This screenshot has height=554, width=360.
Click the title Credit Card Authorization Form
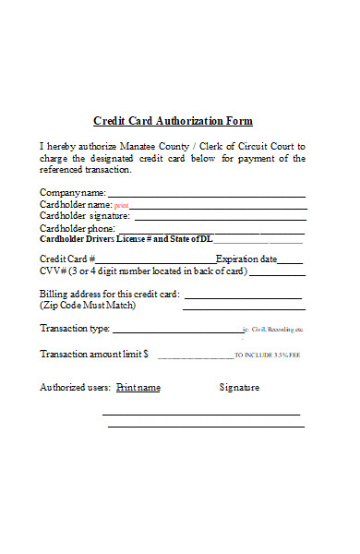[173, 121]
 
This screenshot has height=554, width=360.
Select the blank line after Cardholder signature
[219, 217]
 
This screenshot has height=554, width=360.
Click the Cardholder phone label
[78, 228]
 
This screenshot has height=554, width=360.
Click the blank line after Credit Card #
[154, 260]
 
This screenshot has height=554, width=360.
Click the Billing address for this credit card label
[110, 294]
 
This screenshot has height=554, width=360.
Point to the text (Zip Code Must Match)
[88, 305]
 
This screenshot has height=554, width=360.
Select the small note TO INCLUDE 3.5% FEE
[269, 355]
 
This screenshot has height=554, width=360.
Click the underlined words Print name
[138, 388]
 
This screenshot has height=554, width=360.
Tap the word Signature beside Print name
[239, 388]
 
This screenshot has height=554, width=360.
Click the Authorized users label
[75, 388]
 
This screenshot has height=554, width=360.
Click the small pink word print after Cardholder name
[121, 205]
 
